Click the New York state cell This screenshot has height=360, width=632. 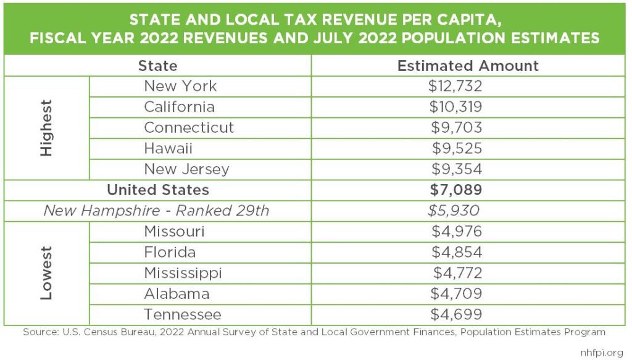(x=180, y=86)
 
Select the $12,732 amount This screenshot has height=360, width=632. (x=455, y=86)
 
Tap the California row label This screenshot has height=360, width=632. (x=179, y=107)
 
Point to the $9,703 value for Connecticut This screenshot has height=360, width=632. (x=456, y=128)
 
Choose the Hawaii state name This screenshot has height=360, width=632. (x=168, y=148)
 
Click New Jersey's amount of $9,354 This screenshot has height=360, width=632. (x=456, y=169)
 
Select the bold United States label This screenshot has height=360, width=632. (x=158, y=190)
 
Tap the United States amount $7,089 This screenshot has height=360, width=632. (x=456, y=190)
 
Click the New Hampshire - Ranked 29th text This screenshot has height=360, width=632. (x=156, y=211)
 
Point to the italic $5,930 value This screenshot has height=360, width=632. (x=454, y=211)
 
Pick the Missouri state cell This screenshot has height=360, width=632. (x=174, y=232)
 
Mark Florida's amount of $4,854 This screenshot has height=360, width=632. (x=456, y=252)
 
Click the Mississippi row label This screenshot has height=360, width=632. (x=183, y=273)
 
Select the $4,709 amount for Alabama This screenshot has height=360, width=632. (x=456, y=293)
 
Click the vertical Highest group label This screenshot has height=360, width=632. (x=46, y=127)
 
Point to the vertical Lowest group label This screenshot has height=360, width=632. (x=46, y=273)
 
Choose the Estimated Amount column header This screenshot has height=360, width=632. (x=468, y=66)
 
